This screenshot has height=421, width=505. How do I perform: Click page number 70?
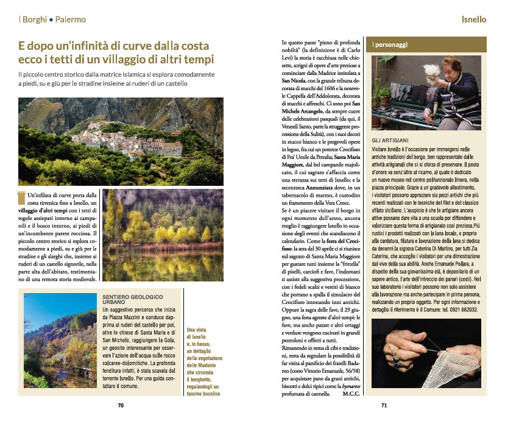121,405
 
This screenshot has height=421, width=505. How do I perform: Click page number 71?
384,405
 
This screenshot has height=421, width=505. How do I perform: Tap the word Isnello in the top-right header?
473,19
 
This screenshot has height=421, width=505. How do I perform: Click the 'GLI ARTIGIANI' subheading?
392,141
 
